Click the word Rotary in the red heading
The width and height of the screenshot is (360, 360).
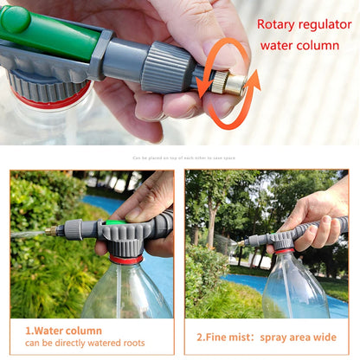[278, 24]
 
